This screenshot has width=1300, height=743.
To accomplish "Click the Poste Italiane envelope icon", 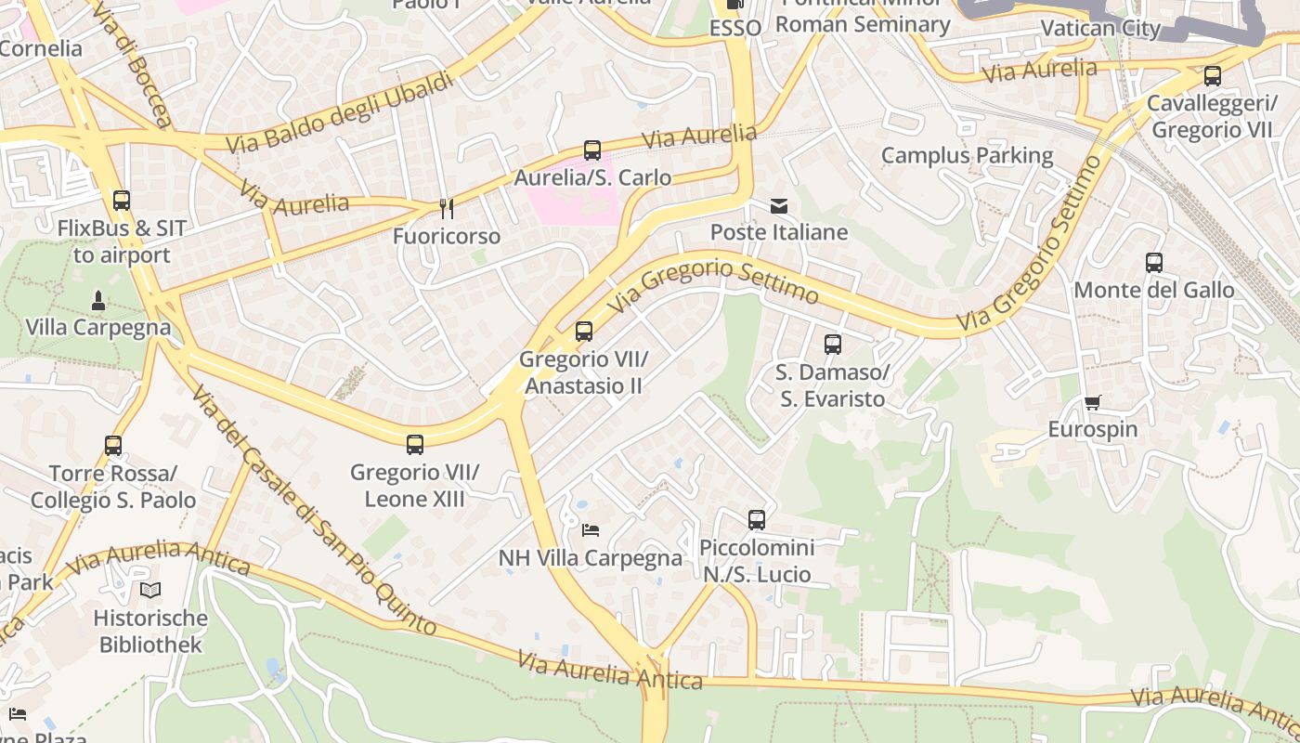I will pos(779,206).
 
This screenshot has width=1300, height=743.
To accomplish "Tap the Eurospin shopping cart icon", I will pos(1093,403).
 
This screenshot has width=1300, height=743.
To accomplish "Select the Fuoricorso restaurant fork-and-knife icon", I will pos(447,209).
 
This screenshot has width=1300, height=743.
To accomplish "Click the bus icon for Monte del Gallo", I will pos(1154,263).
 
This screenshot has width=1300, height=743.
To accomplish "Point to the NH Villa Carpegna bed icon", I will pos(591,530).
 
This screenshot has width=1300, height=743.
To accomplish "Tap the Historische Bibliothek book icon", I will pos(150,590).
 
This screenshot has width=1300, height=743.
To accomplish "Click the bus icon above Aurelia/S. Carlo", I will pos(592,150).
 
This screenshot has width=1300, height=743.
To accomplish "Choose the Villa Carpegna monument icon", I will pos(98,300).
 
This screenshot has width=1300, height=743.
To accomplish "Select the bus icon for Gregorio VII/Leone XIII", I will pos(415,445).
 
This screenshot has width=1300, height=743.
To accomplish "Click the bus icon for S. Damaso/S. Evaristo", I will pos(833,345).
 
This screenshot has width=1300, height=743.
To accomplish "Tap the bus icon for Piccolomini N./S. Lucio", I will pos(757,520).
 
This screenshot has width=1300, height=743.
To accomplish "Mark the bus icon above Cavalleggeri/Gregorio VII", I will pos(1213,76).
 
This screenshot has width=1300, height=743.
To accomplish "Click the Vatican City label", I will pos(1100,28).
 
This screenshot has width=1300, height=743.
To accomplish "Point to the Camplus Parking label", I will pos(967,155).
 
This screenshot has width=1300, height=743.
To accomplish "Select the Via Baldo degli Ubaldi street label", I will pos(340,112).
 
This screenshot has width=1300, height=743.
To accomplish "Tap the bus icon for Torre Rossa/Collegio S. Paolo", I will pos(113,446).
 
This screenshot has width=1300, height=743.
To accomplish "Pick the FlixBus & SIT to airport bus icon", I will pos(122,201).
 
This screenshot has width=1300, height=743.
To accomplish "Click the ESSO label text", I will pos(735,28).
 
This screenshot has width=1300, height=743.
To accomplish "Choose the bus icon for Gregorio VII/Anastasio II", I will pos(584,332).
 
